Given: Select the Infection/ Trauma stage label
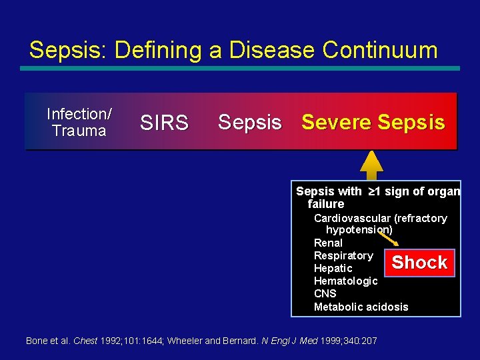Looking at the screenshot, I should (x=79, y=122).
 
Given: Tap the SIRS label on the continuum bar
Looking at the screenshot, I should (x=164, y=123).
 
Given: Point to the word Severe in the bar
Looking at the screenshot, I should (x=336, y=122).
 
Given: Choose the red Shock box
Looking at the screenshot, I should (x=419, y=263).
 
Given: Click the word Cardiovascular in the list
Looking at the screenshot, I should (x=352, y=218).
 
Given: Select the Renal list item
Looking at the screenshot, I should (x=328, y=243).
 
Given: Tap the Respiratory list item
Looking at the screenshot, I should (x=343, y=256).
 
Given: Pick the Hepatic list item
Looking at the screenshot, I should (x=333, y=269).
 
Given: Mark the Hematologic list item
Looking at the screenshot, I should (x=345, y=281).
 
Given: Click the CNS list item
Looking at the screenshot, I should (x=325, y=294).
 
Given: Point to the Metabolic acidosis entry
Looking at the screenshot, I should (x=361, y=307).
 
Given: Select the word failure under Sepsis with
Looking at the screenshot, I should (x=326, y=204).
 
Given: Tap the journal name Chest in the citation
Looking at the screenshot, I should (x=85, y=341).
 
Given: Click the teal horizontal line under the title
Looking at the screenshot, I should (x=239, y=68).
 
